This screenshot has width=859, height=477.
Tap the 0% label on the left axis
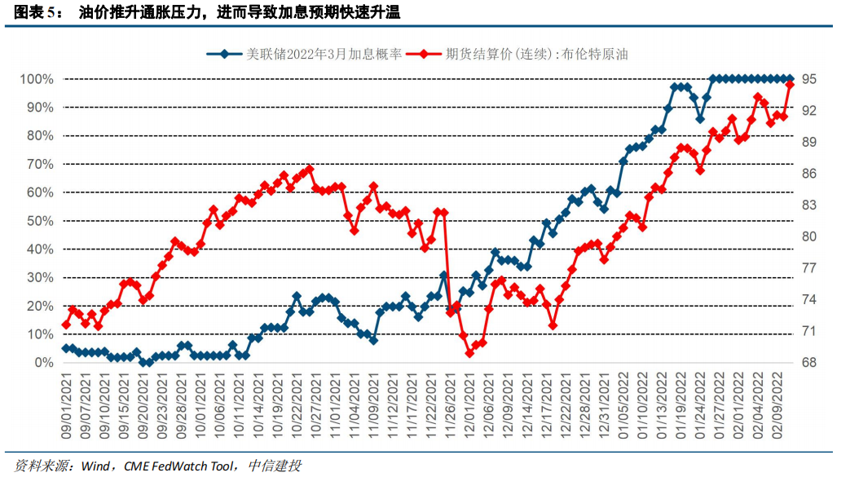[x=42, y=363]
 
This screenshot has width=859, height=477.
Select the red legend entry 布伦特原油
[x=536, y=55]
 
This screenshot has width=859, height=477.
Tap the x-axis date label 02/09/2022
[x=778, y=405]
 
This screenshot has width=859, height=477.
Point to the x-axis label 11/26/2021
[x=449, y=405]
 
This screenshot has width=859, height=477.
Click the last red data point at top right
[x=790, y=85]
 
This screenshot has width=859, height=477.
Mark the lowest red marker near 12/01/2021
[x=469, y=352]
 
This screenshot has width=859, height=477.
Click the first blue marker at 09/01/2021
[x=66, y=348]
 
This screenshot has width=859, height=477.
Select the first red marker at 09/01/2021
[x=66, y=325]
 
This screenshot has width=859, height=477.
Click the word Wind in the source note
[x=95, y=466]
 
